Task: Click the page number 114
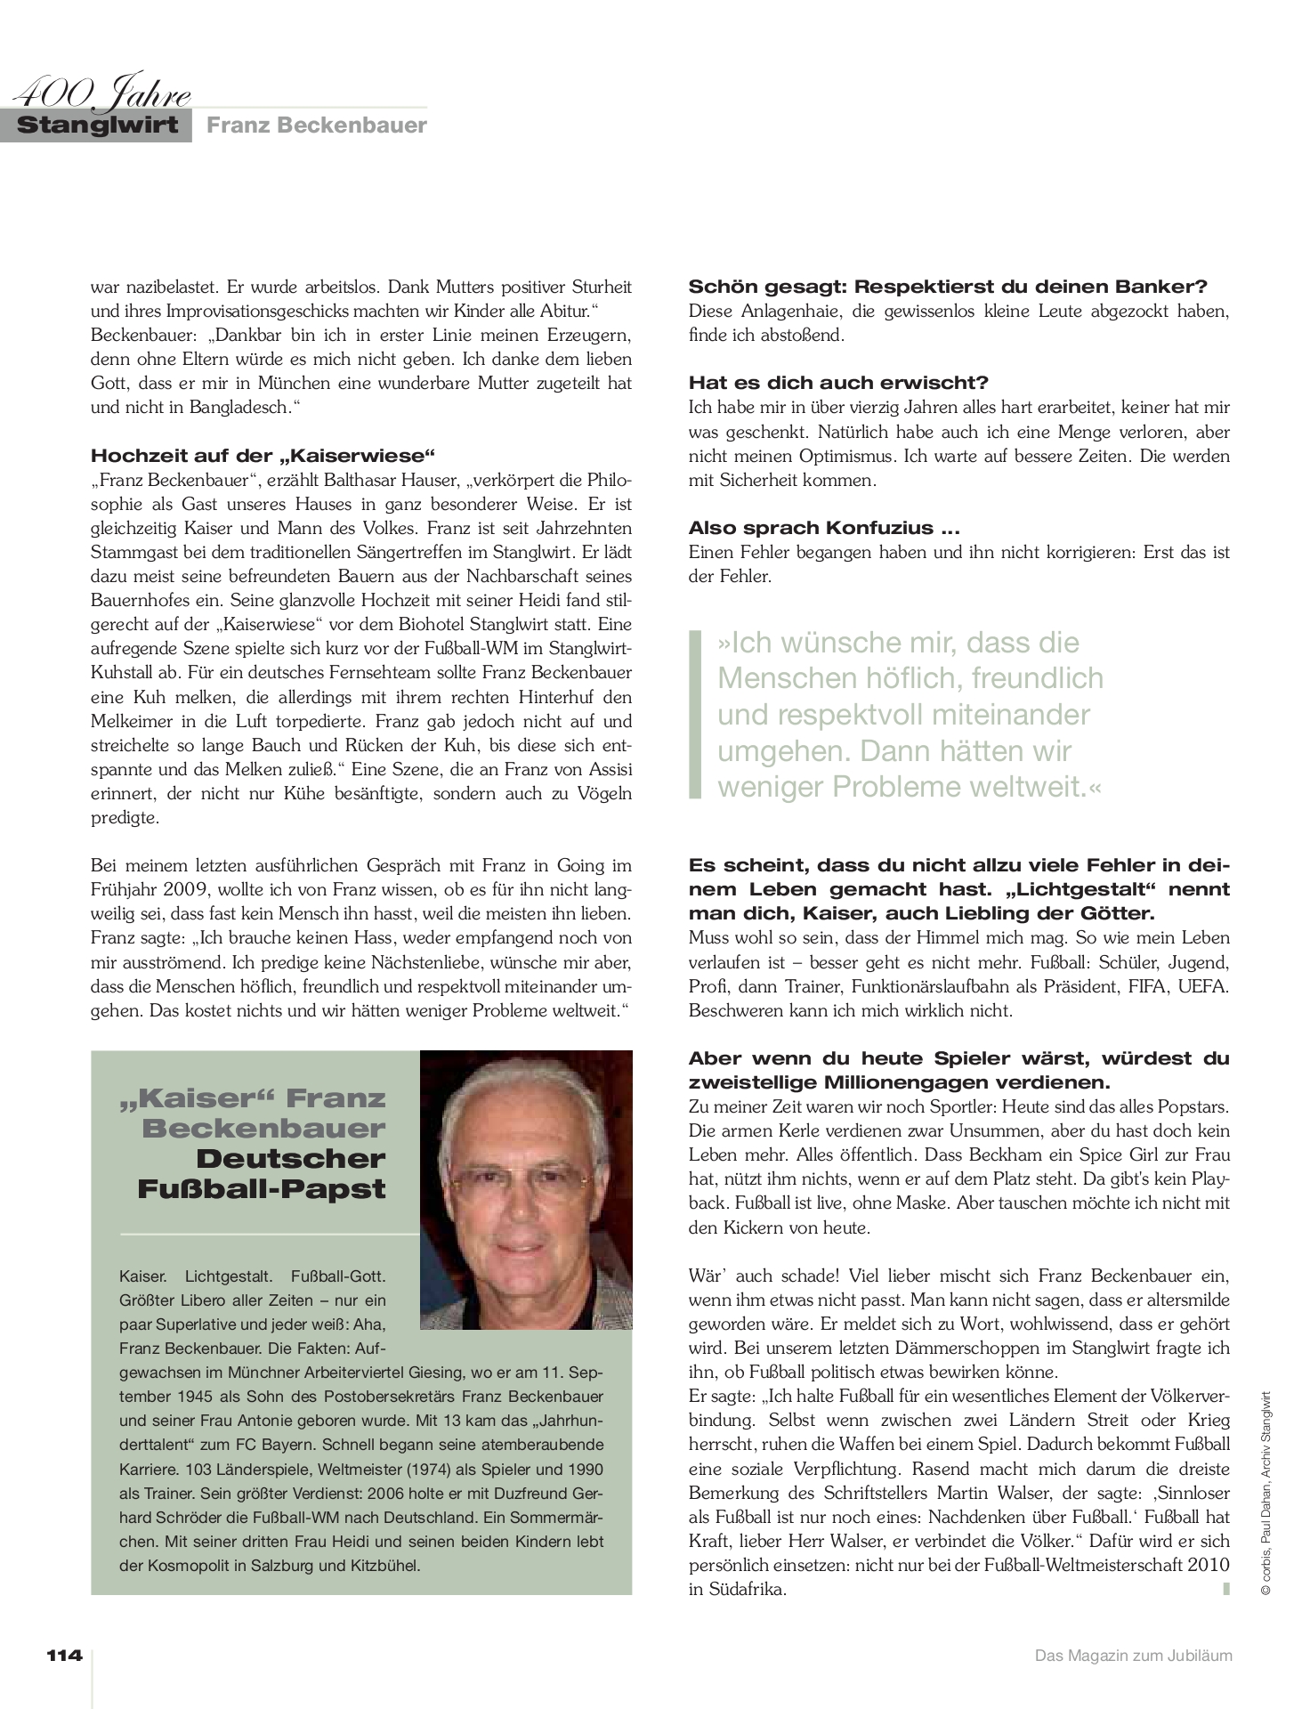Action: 64,1656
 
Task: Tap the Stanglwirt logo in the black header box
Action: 97,125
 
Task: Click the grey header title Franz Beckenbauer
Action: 317,126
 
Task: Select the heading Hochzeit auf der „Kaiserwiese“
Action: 263,456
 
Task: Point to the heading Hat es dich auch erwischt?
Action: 838,383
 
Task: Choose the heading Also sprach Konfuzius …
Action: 824,528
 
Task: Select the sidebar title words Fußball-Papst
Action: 262,1189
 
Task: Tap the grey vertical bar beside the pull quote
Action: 695,713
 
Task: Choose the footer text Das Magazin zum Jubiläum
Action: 1133,1656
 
